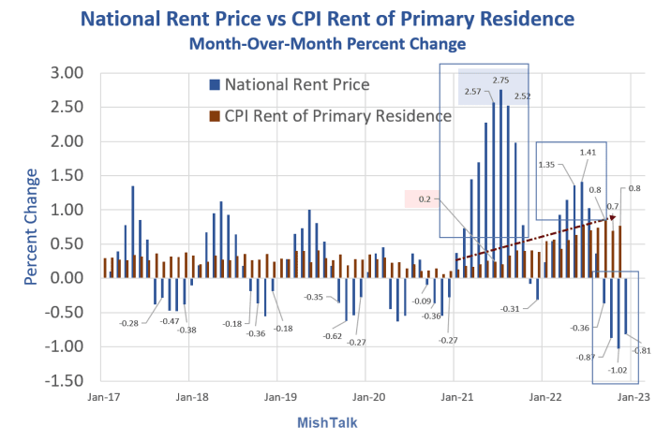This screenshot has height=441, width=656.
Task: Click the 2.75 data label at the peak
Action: [x=501, y=81]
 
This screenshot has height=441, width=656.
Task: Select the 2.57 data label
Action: [x=472, y=92]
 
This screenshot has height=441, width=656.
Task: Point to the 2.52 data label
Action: [x=523, y=96]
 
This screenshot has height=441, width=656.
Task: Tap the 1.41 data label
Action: [x=589, y=152]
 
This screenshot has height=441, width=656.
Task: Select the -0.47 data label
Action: [x=170, y=321]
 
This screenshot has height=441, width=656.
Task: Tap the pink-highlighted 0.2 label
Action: [x=425, y=198]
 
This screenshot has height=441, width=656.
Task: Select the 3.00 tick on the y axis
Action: [x=67, y=73]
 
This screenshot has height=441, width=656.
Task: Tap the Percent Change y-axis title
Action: [x=31, y=227]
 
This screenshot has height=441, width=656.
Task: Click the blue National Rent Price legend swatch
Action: [x=216, y=85]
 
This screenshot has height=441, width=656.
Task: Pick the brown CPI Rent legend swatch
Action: [x=216, y=115]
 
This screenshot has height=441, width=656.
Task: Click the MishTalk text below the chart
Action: [x=326, y=422]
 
